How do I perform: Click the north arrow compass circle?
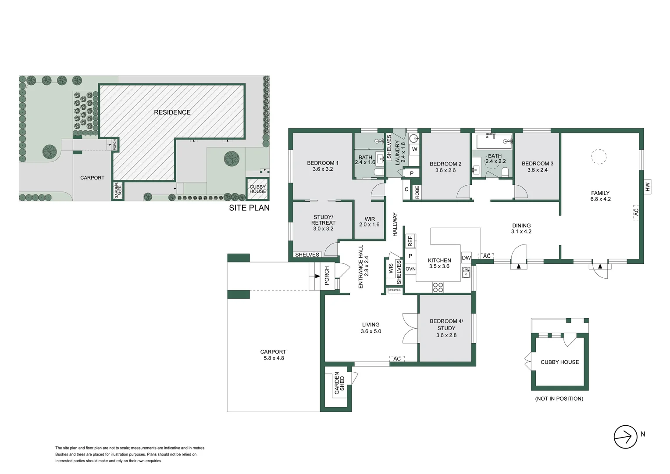tap(625, 437)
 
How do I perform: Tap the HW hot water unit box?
tap(648, 187)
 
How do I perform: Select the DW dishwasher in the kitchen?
tap(466, 258)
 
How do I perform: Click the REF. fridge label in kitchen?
tap(410, 241)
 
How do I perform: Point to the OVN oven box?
tap(410, 269)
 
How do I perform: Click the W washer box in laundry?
tap(414, 149)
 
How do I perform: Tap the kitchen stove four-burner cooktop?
tap(438, 287)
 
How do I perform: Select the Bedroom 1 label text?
tap(322, 163)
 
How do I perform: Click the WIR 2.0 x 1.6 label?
tap(369, 222)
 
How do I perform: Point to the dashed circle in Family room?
tap(599, 157)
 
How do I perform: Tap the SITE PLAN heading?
tap(249, 208)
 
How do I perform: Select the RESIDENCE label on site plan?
tap(172, 112)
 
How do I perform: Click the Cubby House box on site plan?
tap(257, 189)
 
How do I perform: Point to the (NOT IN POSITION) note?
tap(559, 399)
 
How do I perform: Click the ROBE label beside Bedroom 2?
tap(417, 192)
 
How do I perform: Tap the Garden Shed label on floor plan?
tap(339, 384)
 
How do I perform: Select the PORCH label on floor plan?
tap(327, 276)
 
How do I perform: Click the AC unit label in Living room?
tap(397, 359)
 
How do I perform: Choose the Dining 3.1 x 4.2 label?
tap(521, 229)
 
